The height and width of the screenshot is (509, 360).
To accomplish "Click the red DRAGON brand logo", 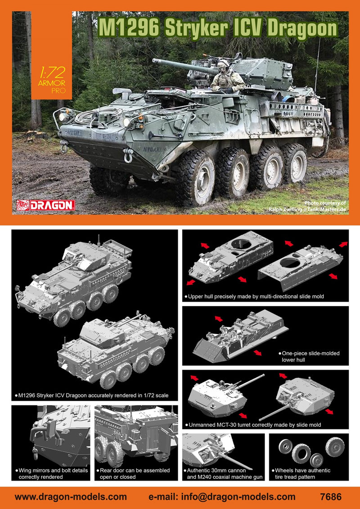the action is (46, 205).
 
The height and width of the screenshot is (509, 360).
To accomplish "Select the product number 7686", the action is (331, 497).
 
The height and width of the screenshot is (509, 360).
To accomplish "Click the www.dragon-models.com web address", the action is (71, 497).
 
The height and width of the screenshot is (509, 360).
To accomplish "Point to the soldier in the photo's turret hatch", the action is (227, 77).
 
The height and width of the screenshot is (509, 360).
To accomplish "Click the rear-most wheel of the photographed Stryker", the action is (294, 164).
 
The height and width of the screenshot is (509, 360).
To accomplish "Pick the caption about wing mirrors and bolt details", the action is (52, 473).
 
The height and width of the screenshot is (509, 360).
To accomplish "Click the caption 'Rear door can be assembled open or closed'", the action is (133, 473).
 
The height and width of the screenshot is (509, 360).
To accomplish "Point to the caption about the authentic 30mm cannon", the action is (223, 473).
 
